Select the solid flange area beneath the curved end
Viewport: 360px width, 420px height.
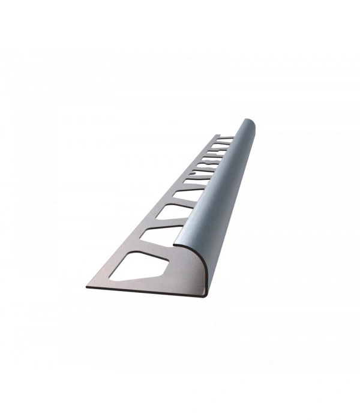(180, 276)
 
